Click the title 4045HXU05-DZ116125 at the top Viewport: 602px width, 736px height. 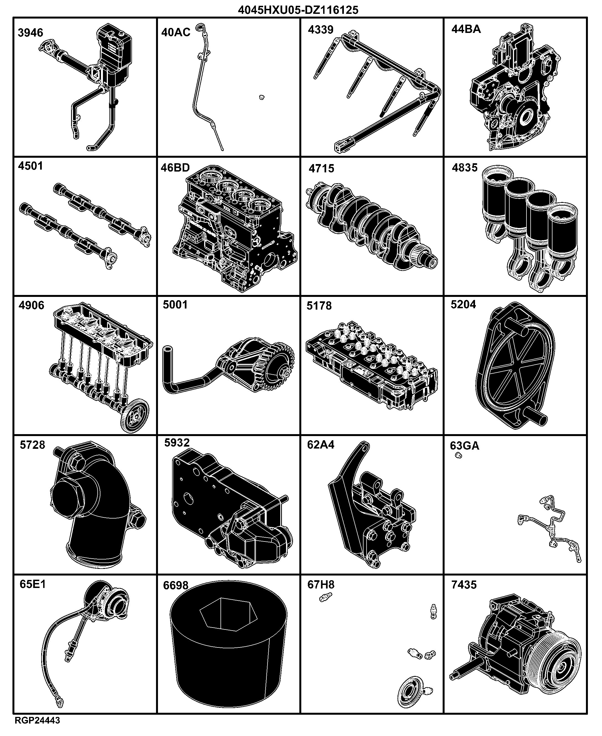pyautogui.click(x=298, y=10)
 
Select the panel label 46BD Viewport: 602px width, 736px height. pyautogui.click(x=175, y=168)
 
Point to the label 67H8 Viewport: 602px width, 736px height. pyautogui.click(x=321, y=585)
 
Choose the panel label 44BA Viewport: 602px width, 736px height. pyautogui.click(x=466, y=29)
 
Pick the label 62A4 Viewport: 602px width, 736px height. pyautogui.click(x=321, y=445)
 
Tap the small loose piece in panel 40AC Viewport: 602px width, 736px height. pyautogui.click(x=262, y=97)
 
